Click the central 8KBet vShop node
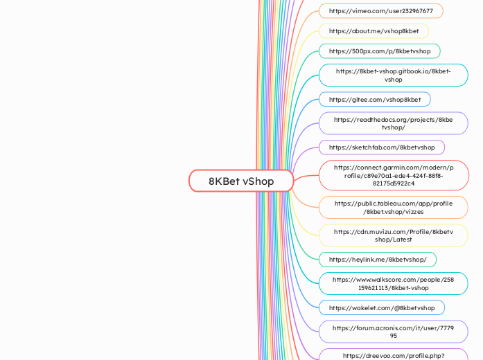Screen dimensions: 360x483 click(x=241, y=181)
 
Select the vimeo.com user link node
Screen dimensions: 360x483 click(x=380, y=11)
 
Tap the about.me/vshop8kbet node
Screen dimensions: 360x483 click(x=374, y=31)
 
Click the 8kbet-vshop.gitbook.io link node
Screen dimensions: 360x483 click(x=393, y=75)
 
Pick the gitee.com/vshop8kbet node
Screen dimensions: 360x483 click(x=374, y=100)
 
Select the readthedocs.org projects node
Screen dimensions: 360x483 click(x=393, y=123)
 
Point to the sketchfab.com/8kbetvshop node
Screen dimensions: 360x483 click(x=381, y=147)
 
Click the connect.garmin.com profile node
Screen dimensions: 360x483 click(x=393, y=175)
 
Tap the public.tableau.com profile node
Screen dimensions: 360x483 click(x=393, y=207)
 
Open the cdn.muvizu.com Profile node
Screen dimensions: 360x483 click(x=393, y=235)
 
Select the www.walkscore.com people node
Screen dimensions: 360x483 click(x=393, y=283)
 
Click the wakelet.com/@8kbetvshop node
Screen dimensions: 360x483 click(x=381, y=307)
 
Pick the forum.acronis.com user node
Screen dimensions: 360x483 click(x=393, y=331)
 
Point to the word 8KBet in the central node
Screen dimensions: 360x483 click(x=225, y=181)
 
